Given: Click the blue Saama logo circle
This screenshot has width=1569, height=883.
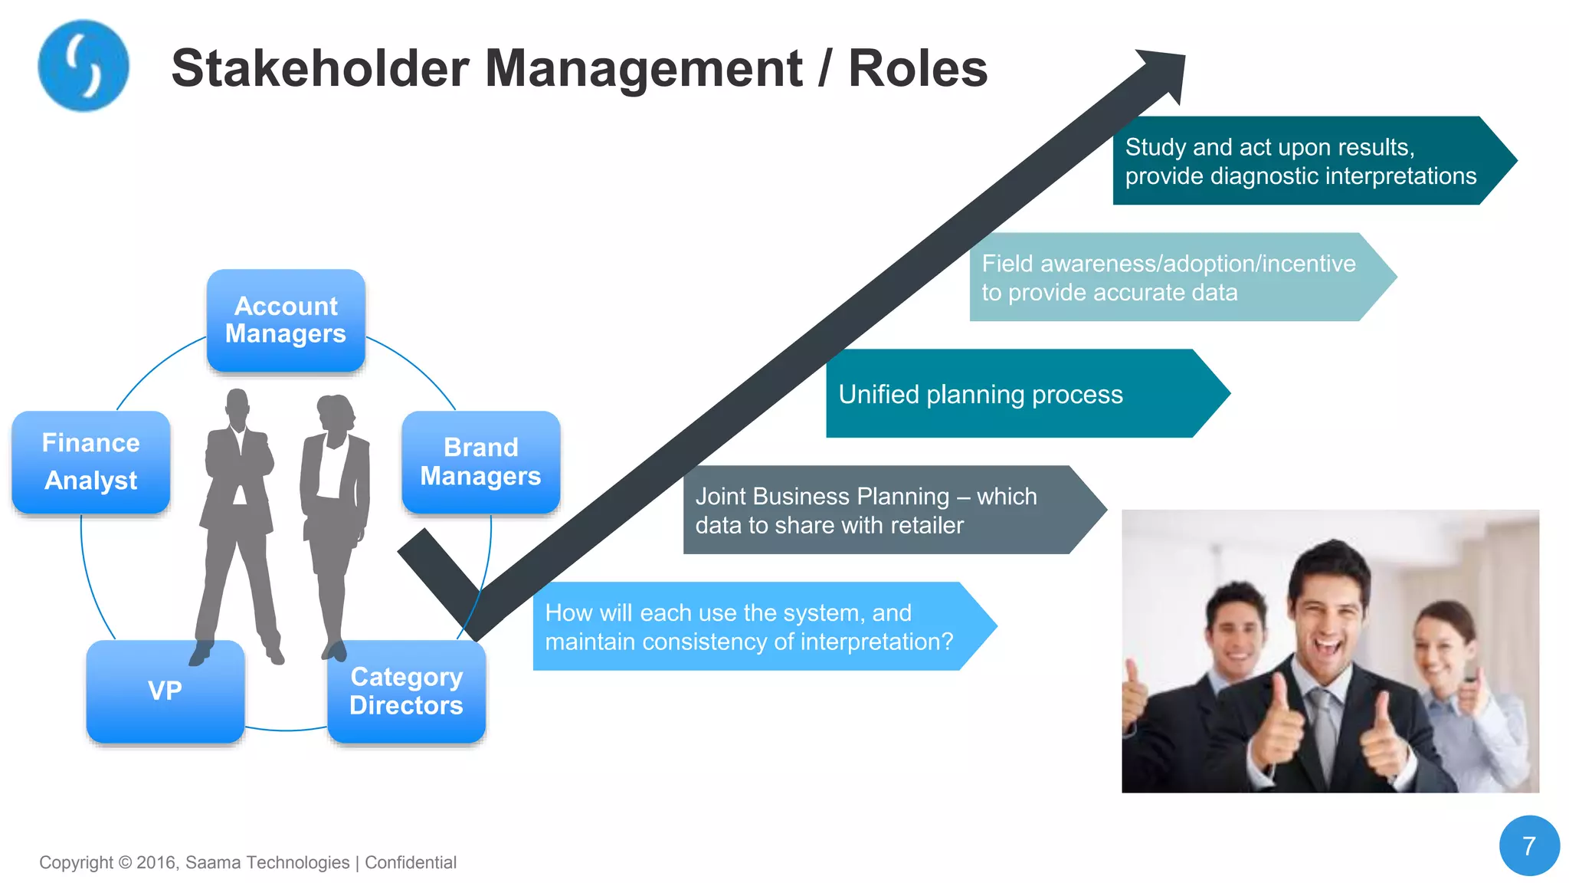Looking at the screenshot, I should (83, 66).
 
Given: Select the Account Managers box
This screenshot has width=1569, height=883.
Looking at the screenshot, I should (286, 320).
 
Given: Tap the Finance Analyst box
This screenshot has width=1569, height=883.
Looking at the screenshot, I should (91, 462).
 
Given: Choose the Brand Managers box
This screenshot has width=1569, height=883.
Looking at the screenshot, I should (480, 462).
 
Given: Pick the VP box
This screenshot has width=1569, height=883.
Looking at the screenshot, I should (165, 691).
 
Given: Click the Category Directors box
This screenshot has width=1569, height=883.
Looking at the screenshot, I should (406, 691).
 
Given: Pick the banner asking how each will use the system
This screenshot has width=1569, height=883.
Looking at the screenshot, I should (751, 627).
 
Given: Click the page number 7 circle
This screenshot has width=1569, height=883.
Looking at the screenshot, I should (1529, 845).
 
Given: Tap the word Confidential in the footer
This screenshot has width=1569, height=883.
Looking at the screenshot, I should (411, 863).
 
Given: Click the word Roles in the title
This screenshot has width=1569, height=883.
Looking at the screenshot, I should (918, 69).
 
